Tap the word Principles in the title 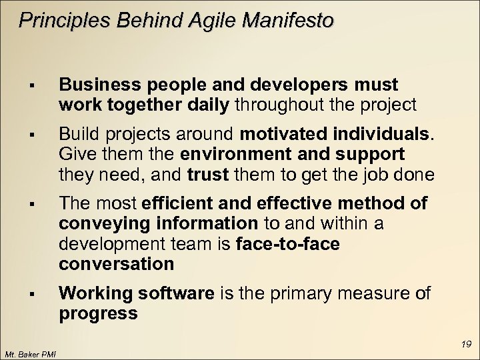[58, 22]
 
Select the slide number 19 [466, 344]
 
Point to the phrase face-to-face [288, 244]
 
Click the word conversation [117, 264]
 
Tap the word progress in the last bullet [98, 313]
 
